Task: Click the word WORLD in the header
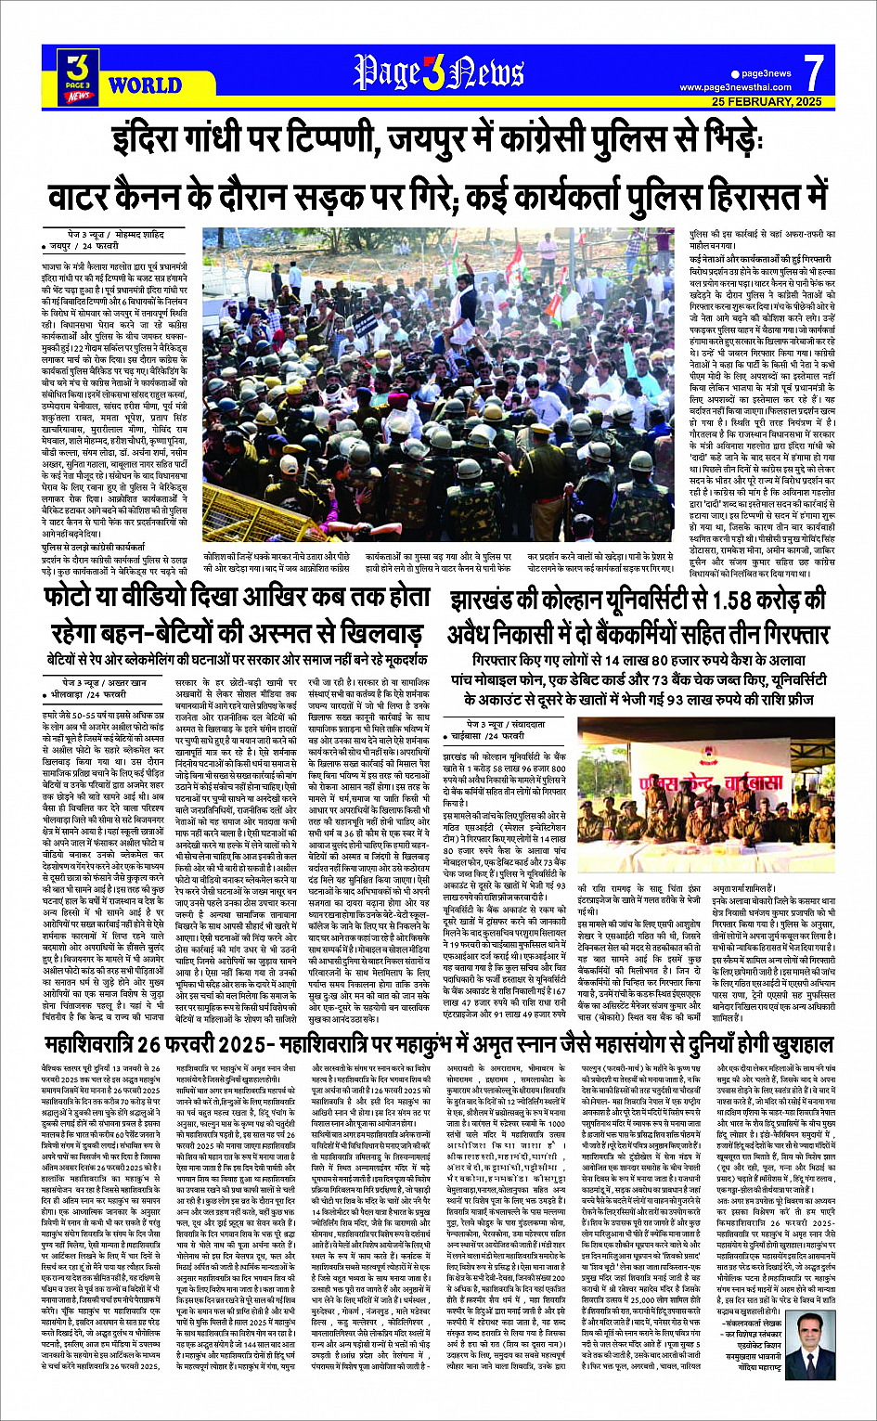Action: click(x=144, y=86)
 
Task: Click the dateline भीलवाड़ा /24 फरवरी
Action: click(x=88, y=693)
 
